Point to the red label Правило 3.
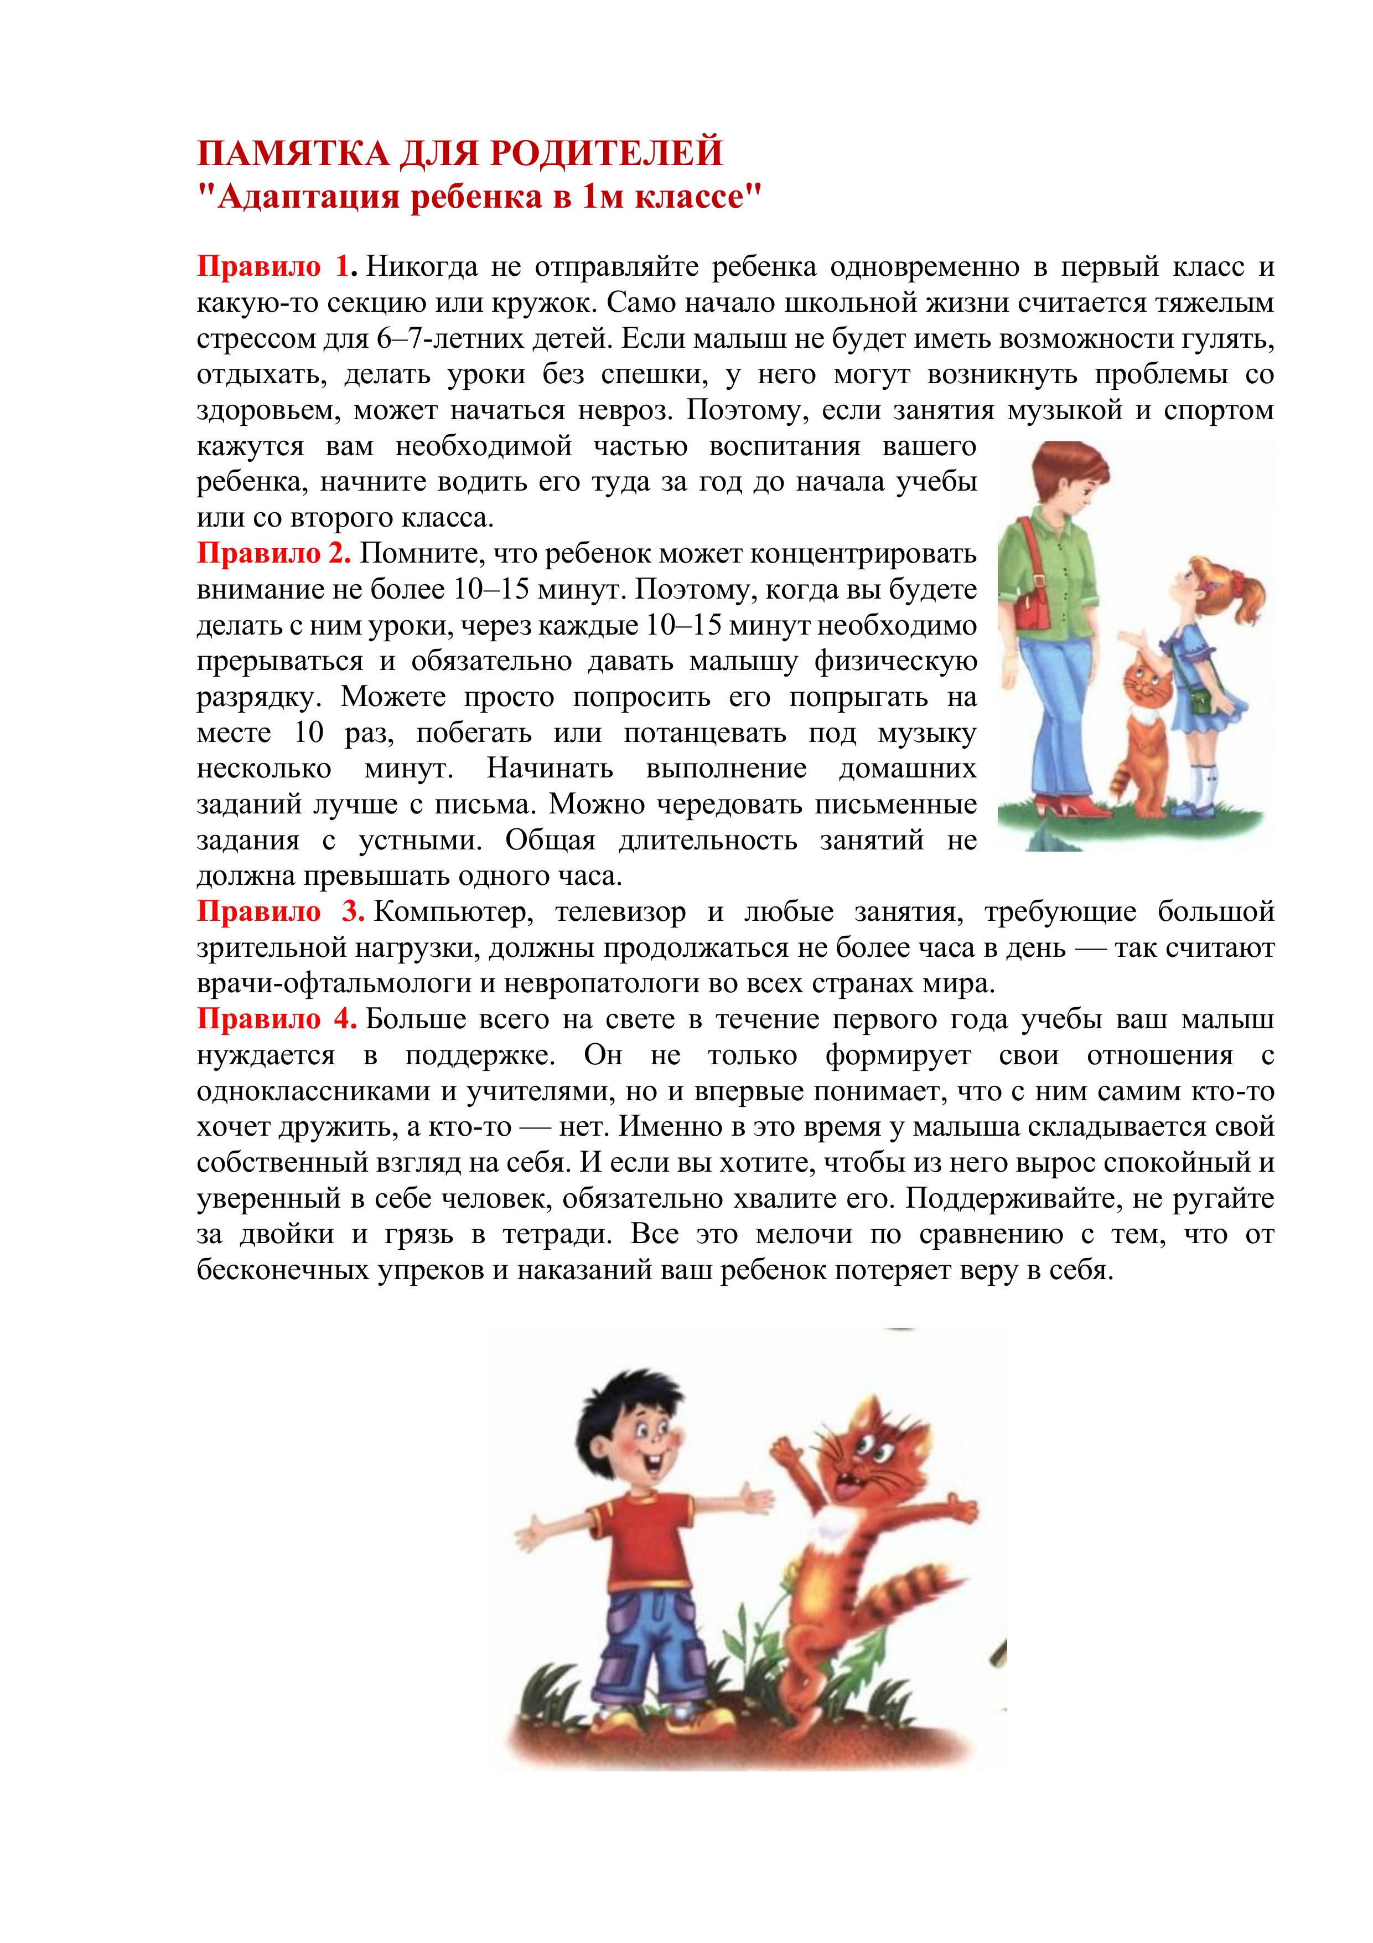[280, 911]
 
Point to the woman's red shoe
[1087, 810]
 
